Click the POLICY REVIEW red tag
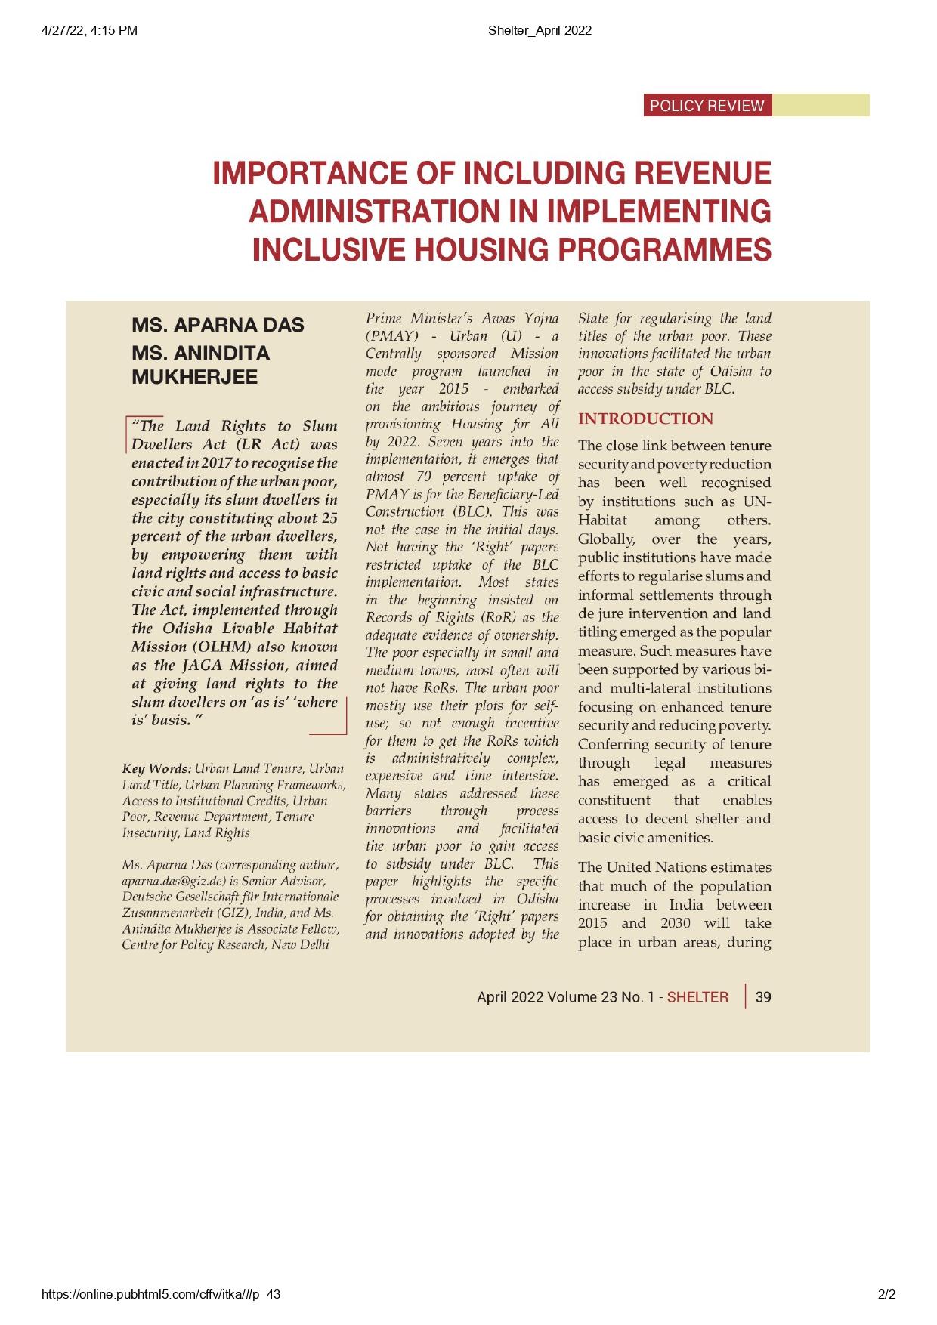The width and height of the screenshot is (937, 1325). [707, 106]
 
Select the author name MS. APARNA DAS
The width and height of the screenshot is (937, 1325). [218, 326]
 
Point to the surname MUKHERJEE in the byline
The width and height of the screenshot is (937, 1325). [194, 377]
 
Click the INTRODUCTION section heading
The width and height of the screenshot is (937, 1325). [645, 419]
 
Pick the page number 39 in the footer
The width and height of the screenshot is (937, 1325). [763, 997]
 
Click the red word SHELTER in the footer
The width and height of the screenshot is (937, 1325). [697, 997]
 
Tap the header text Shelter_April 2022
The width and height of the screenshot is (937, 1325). [540, 30]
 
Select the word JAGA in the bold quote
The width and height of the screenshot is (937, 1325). [203, 666]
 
